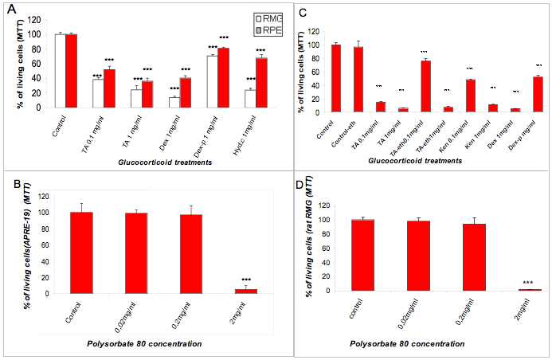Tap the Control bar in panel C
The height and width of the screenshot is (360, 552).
(x=324, y=79)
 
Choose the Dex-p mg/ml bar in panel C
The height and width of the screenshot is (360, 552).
(x=537, y=95)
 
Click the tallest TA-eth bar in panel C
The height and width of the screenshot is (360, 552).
(x=425, y=87)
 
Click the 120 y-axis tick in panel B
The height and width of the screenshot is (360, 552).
(x=49, y=197)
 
